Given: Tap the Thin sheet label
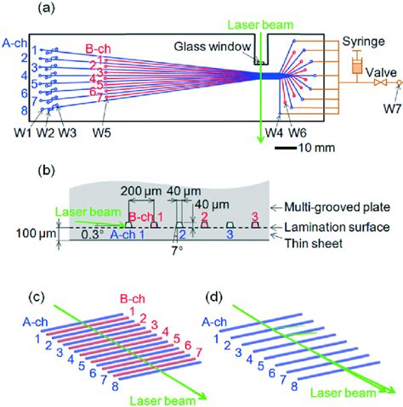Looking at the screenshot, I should (310, 242).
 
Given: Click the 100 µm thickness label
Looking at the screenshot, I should (26, 228).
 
